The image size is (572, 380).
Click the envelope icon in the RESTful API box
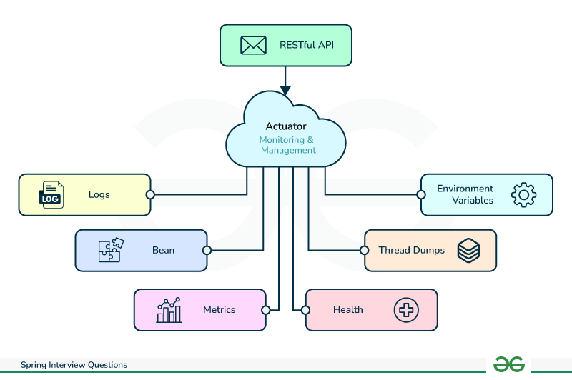(x=253, y=46)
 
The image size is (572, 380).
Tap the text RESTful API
(x=307, y=46)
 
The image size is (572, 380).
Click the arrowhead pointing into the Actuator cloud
(x=286, y=91)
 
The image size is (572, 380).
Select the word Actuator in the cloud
(x=286, y=126)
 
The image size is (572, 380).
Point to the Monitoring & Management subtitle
(x=287, y=145)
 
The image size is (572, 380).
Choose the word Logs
(x=99, y=194)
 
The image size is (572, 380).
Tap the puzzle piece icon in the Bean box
(x=110, y=251)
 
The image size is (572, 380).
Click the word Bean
(x=163, y=250)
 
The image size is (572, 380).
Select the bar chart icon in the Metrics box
(x=169, y=310)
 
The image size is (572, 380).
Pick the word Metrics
(x=220, y=309)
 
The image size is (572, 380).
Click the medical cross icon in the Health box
(x=406, y=310)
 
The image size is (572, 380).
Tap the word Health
(x=348, y=309)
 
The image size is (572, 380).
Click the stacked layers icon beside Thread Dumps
(x=468, y=251)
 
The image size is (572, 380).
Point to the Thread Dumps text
(x=412, y=250)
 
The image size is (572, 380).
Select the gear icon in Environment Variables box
(x=524, y=195)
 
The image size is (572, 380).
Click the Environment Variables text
(x=465, y=194)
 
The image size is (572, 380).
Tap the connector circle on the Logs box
(x=150, y=194)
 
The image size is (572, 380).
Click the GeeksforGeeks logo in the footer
(x=510, y=364)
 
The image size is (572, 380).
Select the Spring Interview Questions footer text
(x=74, y=365)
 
